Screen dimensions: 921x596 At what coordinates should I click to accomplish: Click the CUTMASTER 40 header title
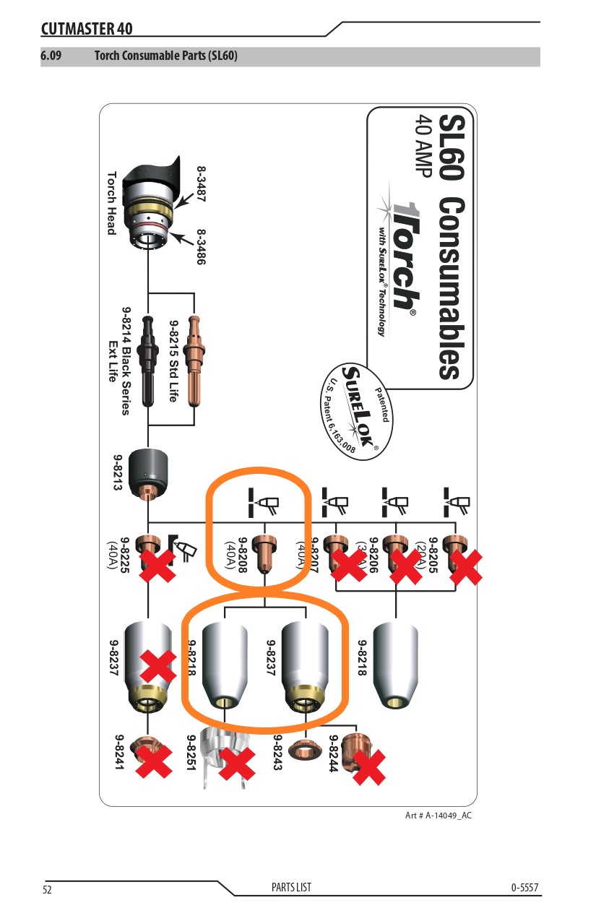click(x=87, y=29)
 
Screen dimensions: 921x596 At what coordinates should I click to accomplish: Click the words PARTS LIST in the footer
click(x=291, y=887)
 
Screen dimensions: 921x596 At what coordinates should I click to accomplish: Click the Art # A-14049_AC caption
click(x=438, y=816)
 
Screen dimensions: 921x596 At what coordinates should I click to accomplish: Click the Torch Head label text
click(x=112, y=203)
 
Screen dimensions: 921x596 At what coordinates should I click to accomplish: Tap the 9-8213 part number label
click(x=118, y=473)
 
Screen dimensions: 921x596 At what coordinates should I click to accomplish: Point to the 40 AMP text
click(x=422, y=147)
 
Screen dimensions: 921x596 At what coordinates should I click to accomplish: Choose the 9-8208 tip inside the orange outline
click(x=265, y=553)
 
